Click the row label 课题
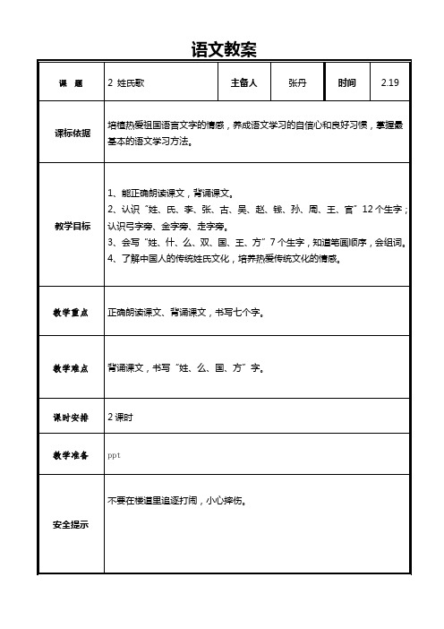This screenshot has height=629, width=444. (x=71, y=83)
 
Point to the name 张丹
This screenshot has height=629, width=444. (x=297, y=83)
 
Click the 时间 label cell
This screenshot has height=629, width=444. (x=347, y=83)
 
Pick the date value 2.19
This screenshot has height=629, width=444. (x=390, y=83)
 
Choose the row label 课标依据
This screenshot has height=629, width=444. (x=71, y=133)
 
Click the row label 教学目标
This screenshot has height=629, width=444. (x=71, y=226)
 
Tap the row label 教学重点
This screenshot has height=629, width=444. (x=71, y=313)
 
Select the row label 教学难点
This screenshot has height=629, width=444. (x=71, y=367)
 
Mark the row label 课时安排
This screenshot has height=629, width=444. (x=71, y=418)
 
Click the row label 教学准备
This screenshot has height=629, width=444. (x=71, y=456)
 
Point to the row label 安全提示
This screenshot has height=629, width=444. (x=71, y=525)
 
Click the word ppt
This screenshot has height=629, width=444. (x=113, y=456)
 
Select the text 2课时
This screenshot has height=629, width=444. (x=121, y=418)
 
